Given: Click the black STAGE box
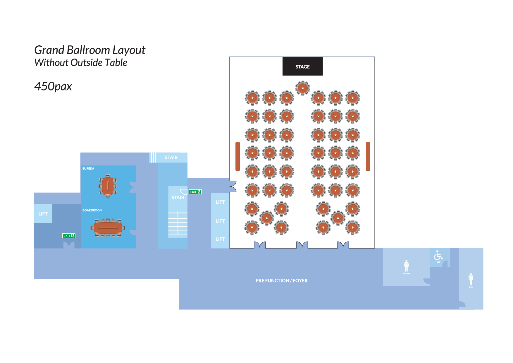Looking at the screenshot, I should (302, 66).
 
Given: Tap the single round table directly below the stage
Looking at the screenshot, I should (302, 88).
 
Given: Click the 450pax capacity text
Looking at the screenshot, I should (53, 86).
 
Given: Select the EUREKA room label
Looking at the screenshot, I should (88, 169).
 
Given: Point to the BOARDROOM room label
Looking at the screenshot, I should (92, 210).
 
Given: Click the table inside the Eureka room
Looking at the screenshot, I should (108, 186).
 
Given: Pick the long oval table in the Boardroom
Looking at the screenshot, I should (108, 228).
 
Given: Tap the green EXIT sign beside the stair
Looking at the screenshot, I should (195, 192).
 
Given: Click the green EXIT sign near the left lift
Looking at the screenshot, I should (69, 236).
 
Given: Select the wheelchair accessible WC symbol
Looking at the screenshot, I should (438, 255).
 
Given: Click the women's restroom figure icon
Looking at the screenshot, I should (406, 266).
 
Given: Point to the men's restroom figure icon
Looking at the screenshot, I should (471, 279).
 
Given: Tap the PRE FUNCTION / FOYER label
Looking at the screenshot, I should (281, 280).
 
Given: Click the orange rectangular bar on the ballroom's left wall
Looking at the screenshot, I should (237, 156).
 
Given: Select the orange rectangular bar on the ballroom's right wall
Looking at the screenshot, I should (368, 156).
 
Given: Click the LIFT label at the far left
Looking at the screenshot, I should (43, 214).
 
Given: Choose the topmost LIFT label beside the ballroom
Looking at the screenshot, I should (220, 202).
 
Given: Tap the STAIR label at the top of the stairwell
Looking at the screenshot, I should (171, 157).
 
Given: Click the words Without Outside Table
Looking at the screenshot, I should (81, 63).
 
